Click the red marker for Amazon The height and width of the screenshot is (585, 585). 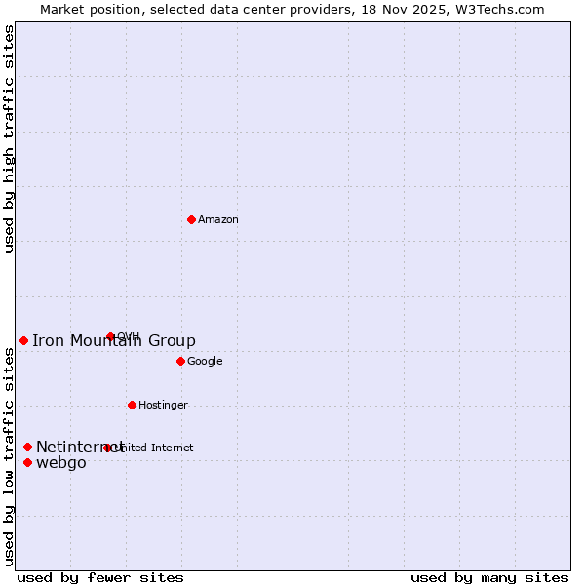tap(191, 219)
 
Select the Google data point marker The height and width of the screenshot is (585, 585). tap(180, 361)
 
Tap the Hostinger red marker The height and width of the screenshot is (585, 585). tap(132, 405)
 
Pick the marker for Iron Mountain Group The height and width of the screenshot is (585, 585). tap(23, 340)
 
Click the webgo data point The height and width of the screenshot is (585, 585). tap(27, 462)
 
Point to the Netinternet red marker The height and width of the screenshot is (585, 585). tap(27, 447)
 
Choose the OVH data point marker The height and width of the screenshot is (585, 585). tap(110, 336)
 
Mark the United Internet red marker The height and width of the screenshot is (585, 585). tap(107, 448)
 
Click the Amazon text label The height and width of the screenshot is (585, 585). tap(218, 220)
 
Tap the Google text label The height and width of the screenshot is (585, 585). tap(205, 362)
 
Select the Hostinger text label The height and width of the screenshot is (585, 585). tap(163, 406)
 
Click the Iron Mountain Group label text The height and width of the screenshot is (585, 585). tap(114, 340)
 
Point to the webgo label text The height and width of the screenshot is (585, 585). tap(61, 463)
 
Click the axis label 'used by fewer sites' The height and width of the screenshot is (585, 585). tap(99, 577)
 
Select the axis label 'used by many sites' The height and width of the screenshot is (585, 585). tap(489, 577)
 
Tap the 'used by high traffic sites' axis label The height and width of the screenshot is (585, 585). tap(9, 138)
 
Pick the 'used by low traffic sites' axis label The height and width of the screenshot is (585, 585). tap(9, 456)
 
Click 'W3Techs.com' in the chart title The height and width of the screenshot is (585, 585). tap(506, 9)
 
